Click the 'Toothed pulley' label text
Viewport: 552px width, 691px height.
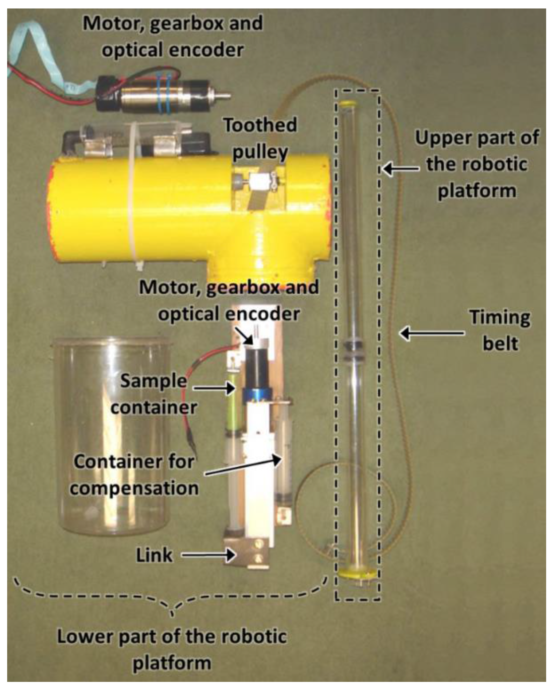[x=260, y=138]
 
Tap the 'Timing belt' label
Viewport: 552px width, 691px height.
[x=500, y=330]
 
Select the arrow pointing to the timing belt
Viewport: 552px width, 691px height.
[x=432, y=333]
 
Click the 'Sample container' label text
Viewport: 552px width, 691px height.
[x=154, y=394]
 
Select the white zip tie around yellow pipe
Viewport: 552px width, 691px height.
[x=136, y=195]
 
